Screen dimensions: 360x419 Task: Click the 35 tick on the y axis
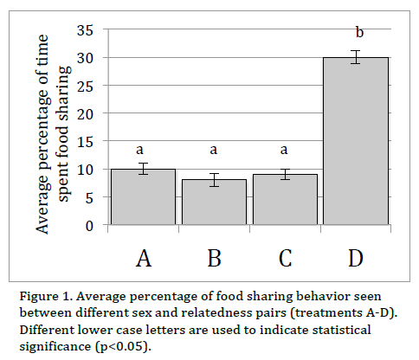click(85, 30)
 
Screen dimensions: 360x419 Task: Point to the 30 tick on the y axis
click(85, 58)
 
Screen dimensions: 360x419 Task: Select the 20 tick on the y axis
click(85, 113)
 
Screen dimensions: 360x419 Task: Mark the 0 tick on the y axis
click(89, 225)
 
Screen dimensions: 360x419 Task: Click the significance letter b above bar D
click(359, 34)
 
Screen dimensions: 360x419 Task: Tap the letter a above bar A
click(144, 149)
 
